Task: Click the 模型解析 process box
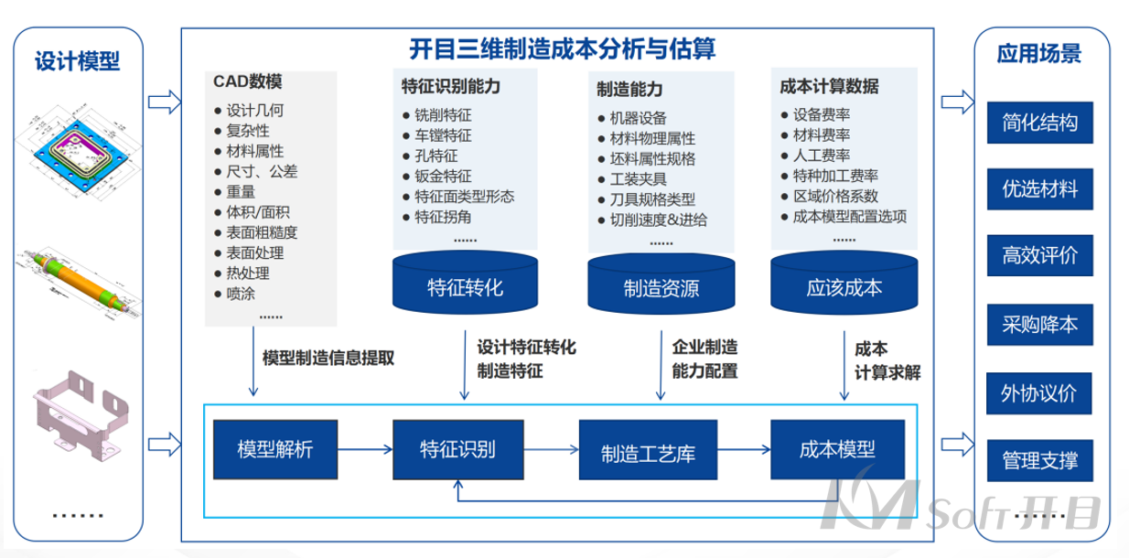coord(275,450)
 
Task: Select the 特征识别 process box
coord(458,450)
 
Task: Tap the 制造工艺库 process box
coord(643,451)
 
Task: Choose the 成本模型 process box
coord(837,450)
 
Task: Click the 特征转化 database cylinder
coord(466,284)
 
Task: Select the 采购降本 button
coord(1039,325)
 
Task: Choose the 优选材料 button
coord(1039,190)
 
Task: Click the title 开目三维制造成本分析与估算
coord(562,48)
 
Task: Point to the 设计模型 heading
coord(78,62)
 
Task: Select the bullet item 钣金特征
coord(443,177)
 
